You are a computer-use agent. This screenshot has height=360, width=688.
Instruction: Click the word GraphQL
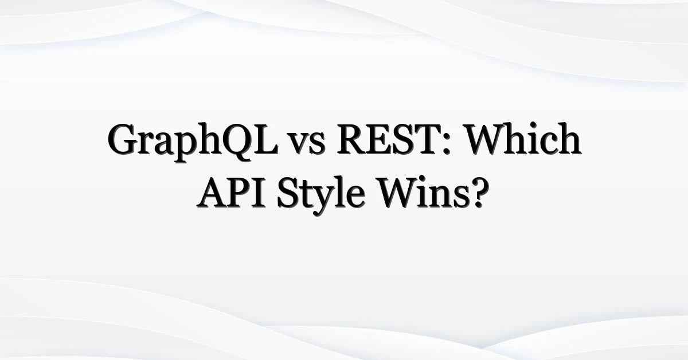(193, 141)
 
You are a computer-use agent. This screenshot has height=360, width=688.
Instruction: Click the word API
(231, 193)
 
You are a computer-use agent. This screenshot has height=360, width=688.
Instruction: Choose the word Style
(321, 195)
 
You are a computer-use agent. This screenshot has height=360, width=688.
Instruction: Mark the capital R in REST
(352, 139)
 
